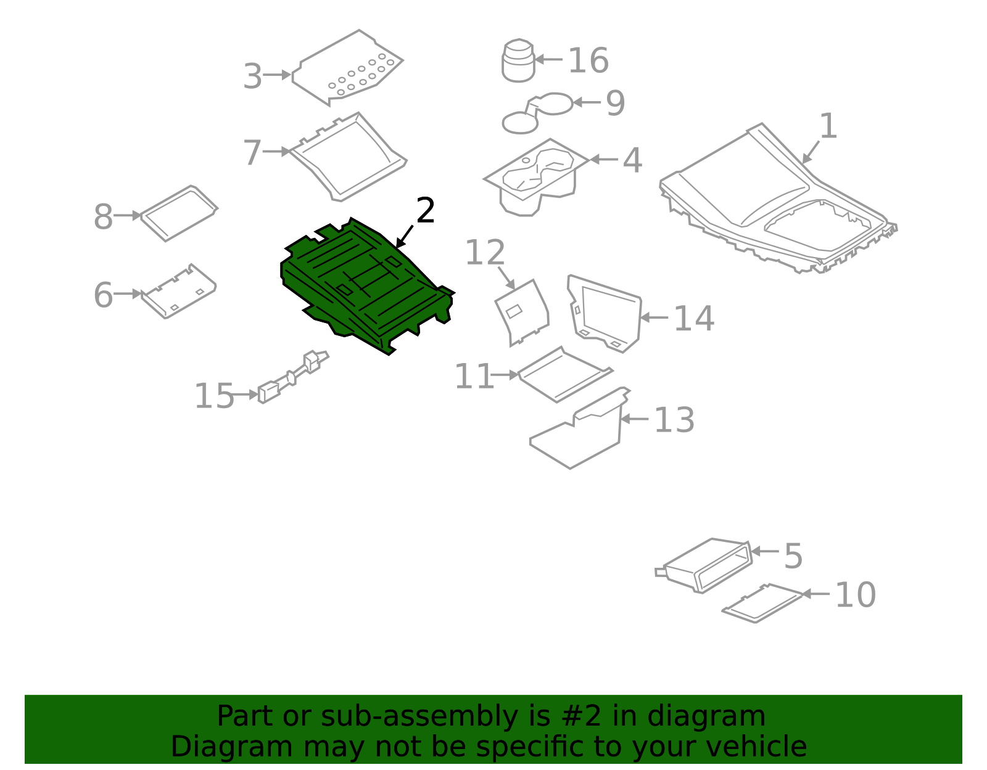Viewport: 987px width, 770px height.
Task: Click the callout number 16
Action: [588, 60]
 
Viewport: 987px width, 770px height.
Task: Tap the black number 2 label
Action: [426, 211]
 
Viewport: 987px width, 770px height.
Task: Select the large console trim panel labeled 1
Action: [771, 197]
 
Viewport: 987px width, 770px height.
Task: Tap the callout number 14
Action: [693, 319]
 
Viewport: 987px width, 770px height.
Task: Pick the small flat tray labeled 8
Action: [179, 213]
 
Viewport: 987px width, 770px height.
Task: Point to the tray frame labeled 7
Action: [349, 157]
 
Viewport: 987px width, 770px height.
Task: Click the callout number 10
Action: [855, 595]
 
